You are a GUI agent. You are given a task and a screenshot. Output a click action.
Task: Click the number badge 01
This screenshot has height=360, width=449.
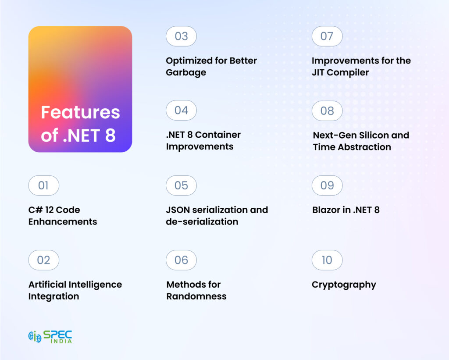[43, 185]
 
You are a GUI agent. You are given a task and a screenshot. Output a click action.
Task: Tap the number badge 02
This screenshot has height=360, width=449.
[43, 260]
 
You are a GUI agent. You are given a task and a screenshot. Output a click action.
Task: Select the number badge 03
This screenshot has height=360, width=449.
[181, 36]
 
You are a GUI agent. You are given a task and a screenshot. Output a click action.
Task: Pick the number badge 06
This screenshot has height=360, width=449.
[181, 260]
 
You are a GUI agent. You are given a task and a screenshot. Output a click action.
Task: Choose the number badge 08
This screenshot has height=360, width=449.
[327, 111]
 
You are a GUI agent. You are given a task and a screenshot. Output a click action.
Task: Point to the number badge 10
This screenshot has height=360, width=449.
[327, 260]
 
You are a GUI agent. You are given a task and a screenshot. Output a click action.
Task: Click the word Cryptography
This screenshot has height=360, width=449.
[344, 285]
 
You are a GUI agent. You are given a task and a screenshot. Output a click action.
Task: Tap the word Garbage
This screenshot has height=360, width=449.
[186, 72]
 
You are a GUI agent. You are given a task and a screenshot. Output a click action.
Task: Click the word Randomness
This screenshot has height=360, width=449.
[196, 296]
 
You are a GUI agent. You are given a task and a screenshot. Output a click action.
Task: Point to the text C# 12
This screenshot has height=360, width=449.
[42, 210]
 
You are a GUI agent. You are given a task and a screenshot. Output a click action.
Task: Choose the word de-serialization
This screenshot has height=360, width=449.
[202, 222]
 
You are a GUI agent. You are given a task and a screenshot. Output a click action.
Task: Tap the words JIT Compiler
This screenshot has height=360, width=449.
[340, 72]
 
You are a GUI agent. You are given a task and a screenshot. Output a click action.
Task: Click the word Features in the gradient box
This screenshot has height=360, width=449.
[80, 113]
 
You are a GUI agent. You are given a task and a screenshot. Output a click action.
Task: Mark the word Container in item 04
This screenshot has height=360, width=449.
[217, 135]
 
